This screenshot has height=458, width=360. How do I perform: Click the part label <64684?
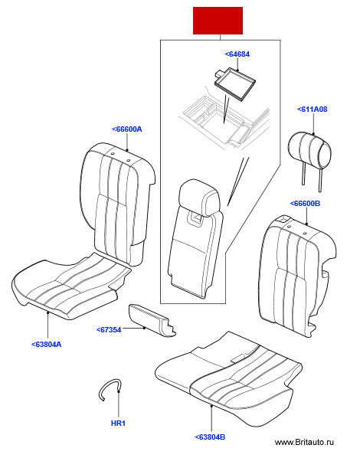237,54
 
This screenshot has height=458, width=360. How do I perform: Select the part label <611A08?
312,110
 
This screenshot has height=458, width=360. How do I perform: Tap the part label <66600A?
127,129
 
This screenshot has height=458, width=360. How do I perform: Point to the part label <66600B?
305,203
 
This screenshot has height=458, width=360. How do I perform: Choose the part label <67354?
109,330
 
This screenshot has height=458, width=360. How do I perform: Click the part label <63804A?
47,345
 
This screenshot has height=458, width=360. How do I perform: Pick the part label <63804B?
210,437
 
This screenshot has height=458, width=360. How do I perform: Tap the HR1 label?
118,424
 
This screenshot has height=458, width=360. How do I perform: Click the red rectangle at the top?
218,21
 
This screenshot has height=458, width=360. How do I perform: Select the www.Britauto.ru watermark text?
304,443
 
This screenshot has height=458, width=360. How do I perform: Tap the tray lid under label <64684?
235,84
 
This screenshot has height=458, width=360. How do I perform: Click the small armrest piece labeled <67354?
152,320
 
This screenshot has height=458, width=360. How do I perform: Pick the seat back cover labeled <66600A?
117,204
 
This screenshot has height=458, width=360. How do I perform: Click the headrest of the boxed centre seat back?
199,198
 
